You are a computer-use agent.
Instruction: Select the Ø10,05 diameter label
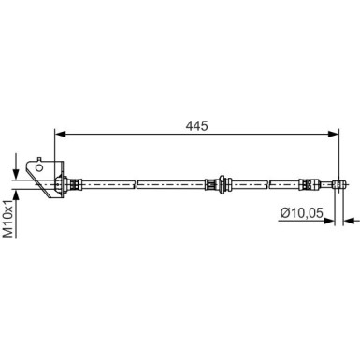302,213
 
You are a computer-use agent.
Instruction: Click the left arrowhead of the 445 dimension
60,133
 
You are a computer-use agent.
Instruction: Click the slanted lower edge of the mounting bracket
45,194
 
